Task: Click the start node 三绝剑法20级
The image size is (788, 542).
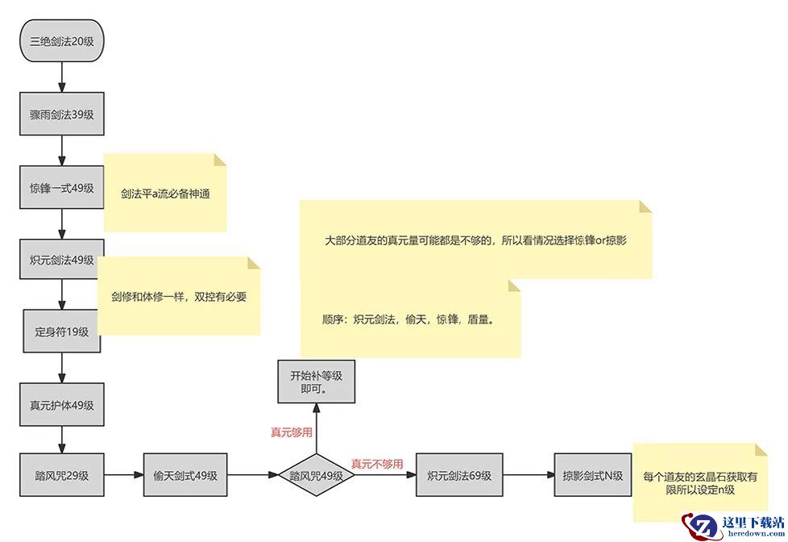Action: point(62,40)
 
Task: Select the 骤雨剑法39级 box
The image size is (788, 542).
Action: point(62,115)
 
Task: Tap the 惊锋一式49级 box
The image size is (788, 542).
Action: point(62,188)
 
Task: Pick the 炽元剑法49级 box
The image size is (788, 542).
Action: point(62,260)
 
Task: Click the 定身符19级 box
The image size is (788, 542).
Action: point(62,331)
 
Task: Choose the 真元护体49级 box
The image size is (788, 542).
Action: point(62,405)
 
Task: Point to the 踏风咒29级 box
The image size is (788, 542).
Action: point(62,476)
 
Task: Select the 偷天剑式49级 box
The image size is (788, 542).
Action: point(185,476)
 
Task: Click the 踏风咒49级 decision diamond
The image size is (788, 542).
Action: point(317,476)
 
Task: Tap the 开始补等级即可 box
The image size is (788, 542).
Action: point(317,382)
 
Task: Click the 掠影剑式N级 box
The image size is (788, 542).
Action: point(593,476)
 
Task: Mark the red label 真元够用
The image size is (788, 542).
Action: point(291,432)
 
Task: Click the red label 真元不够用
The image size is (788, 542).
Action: point(376,464)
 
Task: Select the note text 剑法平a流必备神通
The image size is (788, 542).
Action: point(166,194)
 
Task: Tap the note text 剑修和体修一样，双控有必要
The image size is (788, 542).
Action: point(179,296)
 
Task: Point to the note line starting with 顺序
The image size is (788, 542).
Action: point(408,319)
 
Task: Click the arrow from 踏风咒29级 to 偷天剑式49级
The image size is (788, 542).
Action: point(123,476)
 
